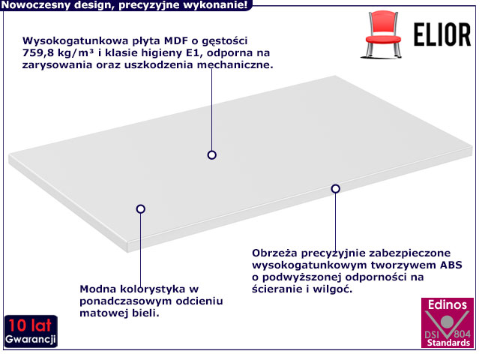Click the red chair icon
(382, 34)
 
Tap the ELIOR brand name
(442, 34)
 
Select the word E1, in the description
(193, 53)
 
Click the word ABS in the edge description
(451, 265)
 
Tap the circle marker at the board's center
(212, 155)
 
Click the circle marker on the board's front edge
(335, 189)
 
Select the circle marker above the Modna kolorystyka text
(140, 209)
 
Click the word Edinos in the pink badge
(448, 304)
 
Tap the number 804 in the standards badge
(462, 334)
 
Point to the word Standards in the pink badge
(448, 343)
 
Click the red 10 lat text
(30, 325)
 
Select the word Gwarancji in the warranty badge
(31, 339)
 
